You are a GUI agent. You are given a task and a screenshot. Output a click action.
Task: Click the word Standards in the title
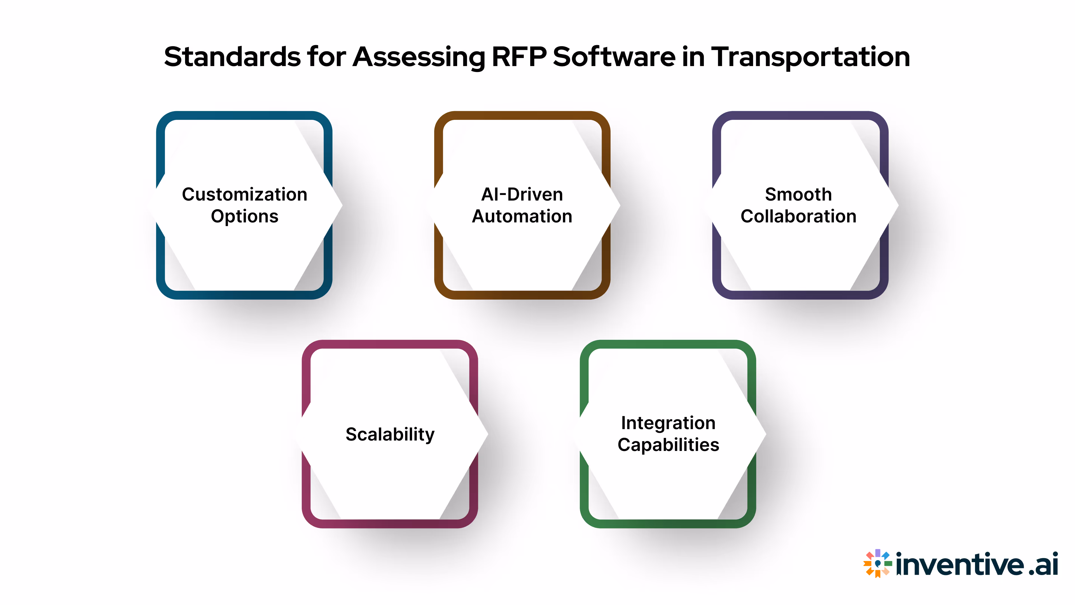(232, 57)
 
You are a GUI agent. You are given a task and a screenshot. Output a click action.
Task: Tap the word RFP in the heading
(519, 57)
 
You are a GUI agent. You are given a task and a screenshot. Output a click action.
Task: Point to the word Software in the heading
(614, 57)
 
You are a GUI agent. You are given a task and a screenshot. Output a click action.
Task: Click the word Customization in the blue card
(245, 195)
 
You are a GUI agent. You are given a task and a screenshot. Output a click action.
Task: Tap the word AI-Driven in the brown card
(522, 195)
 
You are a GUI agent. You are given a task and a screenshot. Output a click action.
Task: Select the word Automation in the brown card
(522, 216)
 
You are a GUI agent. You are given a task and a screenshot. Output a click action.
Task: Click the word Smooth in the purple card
(798, 195)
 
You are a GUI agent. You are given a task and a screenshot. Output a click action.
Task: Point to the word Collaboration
(798, 216)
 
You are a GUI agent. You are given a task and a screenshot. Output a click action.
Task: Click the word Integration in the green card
(668, 423)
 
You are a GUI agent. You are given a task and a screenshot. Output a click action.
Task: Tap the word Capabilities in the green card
(668, 445)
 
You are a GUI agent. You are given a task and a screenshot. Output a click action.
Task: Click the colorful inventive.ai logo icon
(877, 564)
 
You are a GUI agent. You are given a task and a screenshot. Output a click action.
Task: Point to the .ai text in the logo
(1043, 564)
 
